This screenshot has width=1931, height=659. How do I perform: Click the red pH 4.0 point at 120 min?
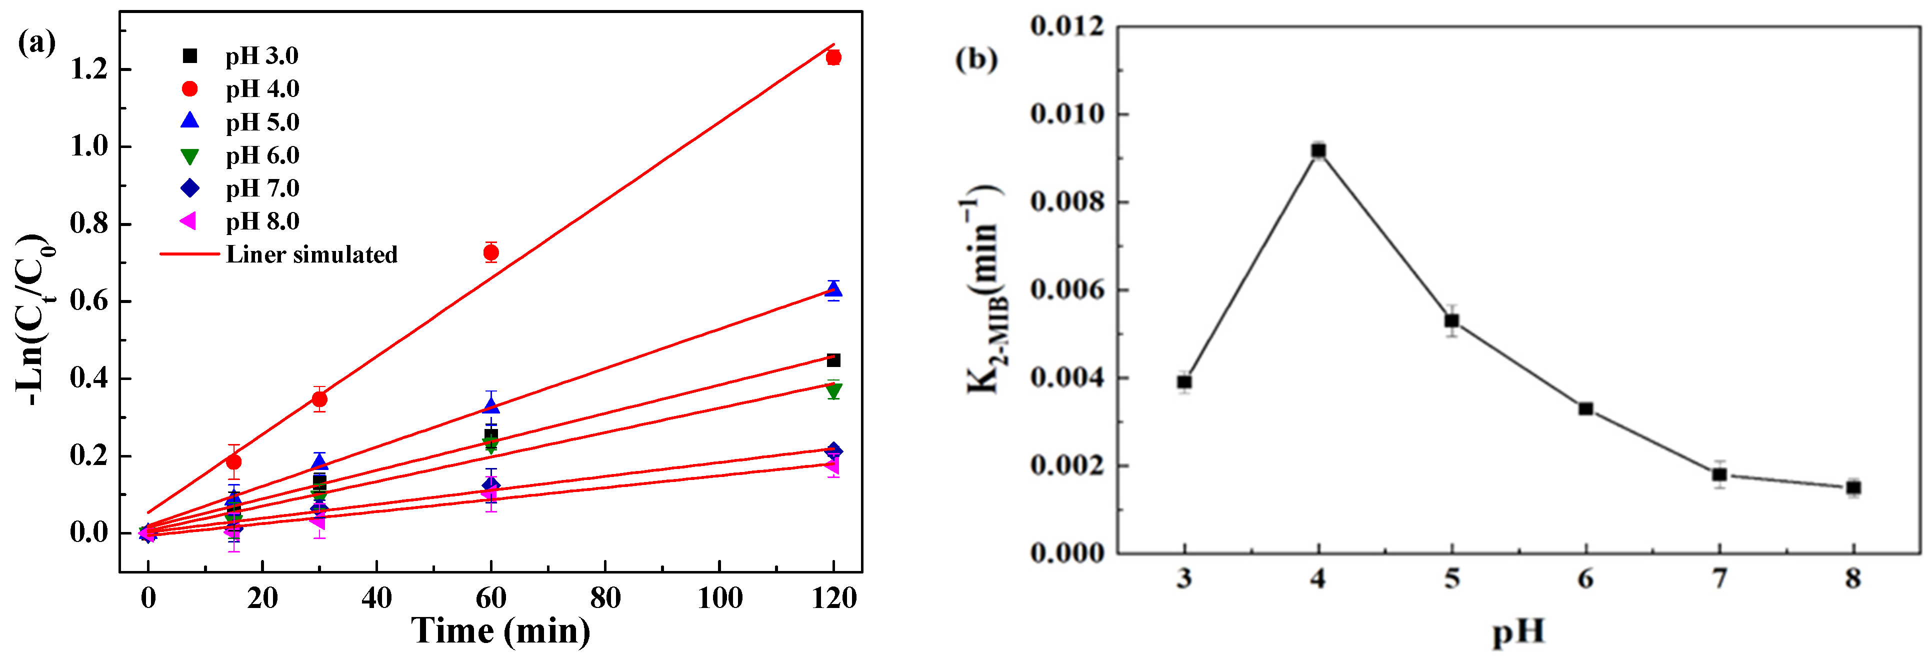click(x=833, y=57)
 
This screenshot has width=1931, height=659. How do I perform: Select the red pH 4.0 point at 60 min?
click(x=491, y=252)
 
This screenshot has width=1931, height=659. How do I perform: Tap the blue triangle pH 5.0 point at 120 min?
click(x=833, y=290)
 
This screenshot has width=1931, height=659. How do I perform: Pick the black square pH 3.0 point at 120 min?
click(x=833, y=360)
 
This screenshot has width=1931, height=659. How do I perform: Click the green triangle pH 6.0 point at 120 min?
click(x=833, y=390)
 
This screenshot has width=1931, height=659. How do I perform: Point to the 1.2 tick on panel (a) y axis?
click(x=89, y=69)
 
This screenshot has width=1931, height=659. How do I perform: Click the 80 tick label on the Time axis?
click(x=605, y=597)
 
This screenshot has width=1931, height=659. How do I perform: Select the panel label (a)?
click(x=36, y=42)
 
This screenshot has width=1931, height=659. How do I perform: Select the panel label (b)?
click(x=976, y=59)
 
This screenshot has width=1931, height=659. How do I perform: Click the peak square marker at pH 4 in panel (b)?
click(x=1318, y=150)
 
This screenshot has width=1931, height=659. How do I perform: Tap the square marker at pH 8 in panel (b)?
click(x=1853, y=487)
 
